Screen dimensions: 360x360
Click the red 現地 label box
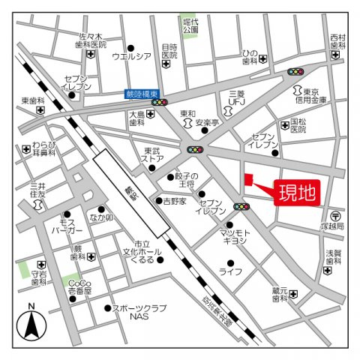pyautogui.click(x=298, y=192)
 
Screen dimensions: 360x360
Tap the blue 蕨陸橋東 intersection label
pyautogui.click(x=137, y=94)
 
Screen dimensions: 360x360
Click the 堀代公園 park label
pyautogui.click(x=190, y=27)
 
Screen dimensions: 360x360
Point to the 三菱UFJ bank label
pyautogui.click(x=237, y=97)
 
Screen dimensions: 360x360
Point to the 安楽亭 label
pyautogui.click(x=207, y=121)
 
